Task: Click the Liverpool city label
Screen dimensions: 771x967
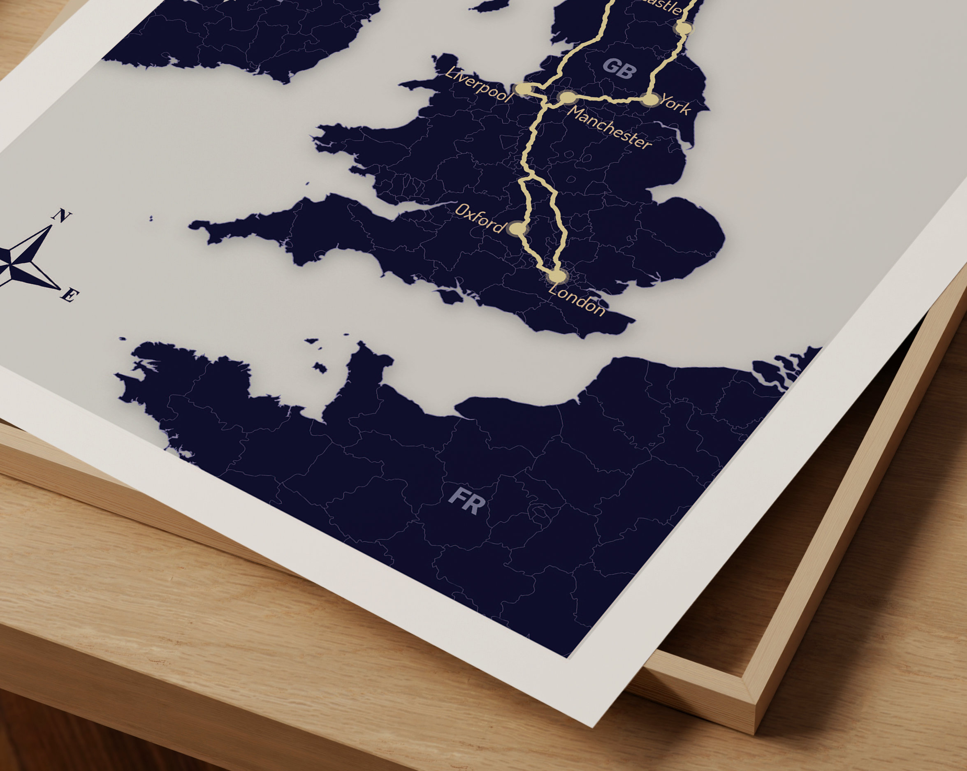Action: point(478,85)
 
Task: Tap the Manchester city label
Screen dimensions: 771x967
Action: point(609,128)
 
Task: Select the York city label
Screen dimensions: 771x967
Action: point(675,104)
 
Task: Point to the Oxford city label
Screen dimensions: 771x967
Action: point(480,218)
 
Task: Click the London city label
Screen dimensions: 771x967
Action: point(577,300)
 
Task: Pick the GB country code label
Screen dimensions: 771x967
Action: point(620,69)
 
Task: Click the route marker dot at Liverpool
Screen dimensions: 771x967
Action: point(522,89)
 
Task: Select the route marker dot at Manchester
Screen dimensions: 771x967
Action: point(567,97)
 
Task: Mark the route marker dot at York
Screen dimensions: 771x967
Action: point(650,99)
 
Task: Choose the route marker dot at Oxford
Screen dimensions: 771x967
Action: point(517,229)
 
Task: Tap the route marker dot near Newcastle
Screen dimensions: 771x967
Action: point(684,28)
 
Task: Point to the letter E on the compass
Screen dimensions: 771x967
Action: point(70,296)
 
